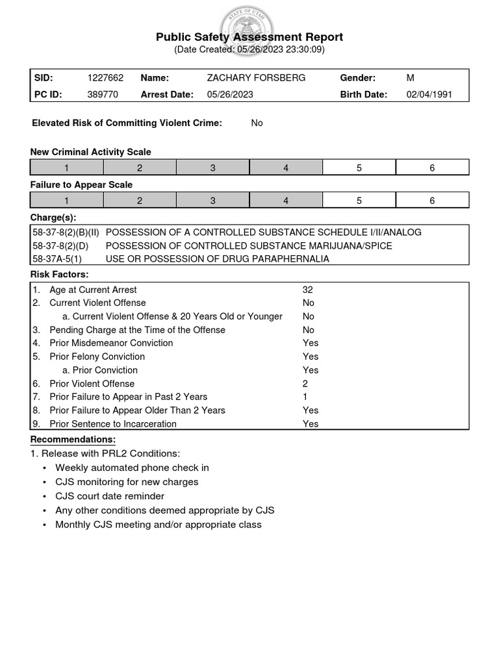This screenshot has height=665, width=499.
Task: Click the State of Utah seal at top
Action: (249, 29)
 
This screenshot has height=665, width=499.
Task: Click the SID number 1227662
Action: (105, 78)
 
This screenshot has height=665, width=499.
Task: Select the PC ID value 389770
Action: (103, 94)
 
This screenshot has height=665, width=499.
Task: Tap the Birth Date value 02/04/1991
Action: (429, 94)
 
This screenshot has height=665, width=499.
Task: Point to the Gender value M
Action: (410, 78)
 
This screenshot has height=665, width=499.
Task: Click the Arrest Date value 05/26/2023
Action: (230, 94)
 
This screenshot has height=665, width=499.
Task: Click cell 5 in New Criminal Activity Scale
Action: (359, 168)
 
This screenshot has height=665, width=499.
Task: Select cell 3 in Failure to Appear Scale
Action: (212, 201)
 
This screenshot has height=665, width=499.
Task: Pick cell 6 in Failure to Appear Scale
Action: (432, 201)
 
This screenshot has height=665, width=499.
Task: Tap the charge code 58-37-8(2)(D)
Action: (60, 245)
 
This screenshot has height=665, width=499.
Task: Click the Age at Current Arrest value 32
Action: (308, 290)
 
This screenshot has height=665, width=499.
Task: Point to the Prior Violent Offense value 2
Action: (305, 384)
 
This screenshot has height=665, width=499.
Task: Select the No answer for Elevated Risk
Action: (257, 123)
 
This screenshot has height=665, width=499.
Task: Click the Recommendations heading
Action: (73, 440)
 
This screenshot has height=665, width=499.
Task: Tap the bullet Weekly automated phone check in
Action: (132, 468)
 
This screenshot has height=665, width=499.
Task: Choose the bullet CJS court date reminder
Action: (110, 496)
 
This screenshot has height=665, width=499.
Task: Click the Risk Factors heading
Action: (60, 274)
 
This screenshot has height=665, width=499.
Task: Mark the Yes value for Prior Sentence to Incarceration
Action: (311, 424)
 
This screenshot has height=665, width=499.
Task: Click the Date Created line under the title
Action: (249, 49)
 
